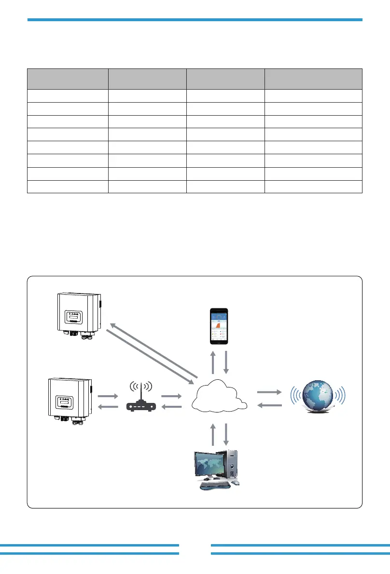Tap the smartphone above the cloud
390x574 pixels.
coord(219,326)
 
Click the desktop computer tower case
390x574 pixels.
coord(233,465)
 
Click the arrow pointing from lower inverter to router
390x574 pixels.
coord(108,396)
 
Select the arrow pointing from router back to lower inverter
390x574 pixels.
coord(108,407)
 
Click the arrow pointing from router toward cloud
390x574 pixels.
coord(171,396)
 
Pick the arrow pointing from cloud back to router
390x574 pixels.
coord(171,407)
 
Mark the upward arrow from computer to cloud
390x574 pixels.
coord(213,434)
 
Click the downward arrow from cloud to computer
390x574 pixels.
coord(225,434)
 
